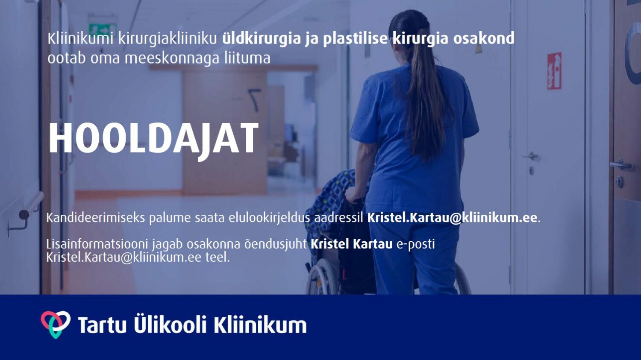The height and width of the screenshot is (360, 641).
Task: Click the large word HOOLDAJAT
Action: (154, 139)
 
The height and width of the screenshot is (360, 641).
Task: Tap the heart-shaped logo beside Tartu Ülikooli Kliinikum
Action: (56, 324)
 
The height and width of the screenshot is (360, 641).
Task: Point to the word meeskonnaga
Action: (172, 59)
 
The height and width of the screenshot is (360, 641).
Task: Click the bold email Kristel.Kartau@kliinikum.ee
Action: (452, 218)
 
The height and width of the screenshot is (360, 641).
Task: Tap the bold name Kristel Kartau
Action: (351, 244)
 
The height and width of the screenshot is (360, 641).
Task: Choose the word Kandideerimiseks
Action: (96, 218)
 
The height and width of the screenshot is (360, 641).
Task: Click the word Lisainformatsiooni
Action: (97, 244)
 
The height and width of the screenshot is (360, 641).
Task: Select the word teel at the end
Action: (217, 257)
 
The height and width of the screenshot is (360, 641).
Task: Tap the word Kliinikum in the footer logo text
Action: (260, 325)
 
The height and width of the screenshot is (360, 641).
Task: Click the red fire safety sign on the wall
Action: (554, 71)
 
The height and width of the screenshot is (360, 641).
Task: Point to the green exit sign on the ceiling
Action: (103, 29)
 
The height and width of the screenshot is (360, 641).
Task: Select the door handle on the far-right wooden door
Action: (620, 164)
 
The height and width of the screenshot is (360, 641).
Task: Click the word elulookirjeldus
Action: (269, 218)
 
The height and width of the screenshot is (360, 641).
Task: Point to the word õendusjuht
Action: (276, 244)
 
